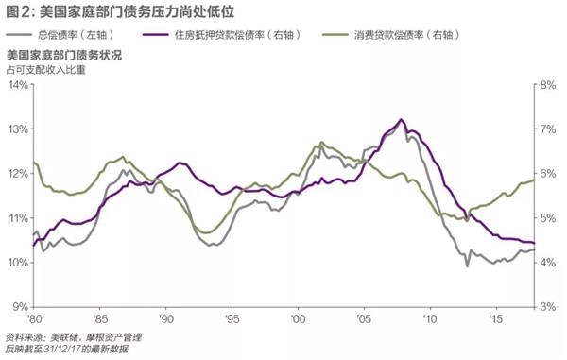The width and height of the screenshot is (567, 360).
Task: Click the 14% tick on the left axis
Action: (x=16, y=85)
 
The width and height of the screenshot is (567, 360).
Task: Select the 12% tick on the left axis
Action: (x=16, y=174)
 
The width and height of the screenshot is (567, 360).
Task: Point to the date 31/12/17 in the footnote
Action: (x=67, y=349)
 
